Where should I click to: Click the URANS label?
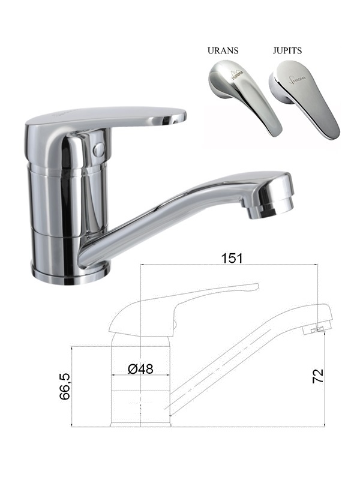pyautogui.click(x=223, y=50)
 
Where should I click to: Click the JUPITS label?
pyautogui.click(x=287, y=50)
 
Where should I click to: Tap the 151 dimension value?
pyautogui.click(x=232, y=258)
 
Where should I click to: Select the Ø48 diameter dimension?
pyautogui.click(x=140, y=368)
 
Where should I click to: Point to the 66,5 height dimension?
pyautogui.click(x=65, y=386)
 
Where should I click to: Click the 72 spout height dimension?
pyautogui.click(x=318, y=376)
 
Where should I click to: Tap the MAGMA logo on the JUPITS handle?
pyautogui.click(x=297, y=80)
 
